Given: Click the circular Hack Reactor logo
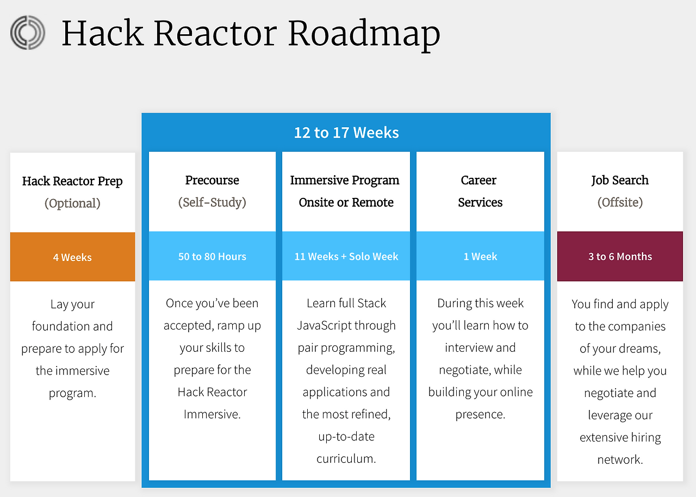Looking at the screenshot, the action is click(28, 33).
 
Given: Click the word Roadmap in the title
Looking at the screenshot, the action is click(364, 35).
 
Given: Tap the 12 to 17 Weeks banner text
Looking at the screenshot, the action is click(346, 133).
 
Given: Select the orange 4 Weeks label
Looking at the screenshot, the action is click(72, 257).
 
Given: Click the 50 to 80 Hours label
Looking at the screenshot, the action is click(212, 257).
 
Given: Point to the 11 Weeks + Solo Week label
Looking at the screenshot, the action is click(346, 257).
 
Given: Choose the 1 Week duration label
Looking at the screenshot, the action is click(480, 257).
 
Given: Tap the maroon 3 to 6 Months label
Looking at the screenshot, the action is click(620, 257).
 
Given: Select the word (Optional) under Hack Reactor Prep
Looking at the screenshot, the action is click(72, 203).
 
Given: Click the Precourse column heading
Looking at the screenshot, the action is click(212, 181).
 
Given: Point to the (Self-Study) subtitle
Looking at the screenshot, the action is click(212, 202).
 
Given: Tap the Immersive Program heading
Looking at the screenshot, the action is click(345, 181).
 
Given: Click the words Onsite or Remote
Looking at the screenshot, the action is click(346, 202).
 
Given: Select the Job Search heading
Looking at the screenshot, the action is click(620, 181).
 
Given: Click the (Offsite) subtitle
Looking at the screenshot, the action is click(620, 202).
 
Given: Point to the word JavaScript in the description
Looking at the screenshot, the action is click(324, 326).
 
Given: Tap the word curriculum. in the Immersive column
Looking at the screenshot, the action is click(346, 459).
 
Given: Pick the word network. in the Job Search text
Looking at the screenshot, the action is click(620, 459).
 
